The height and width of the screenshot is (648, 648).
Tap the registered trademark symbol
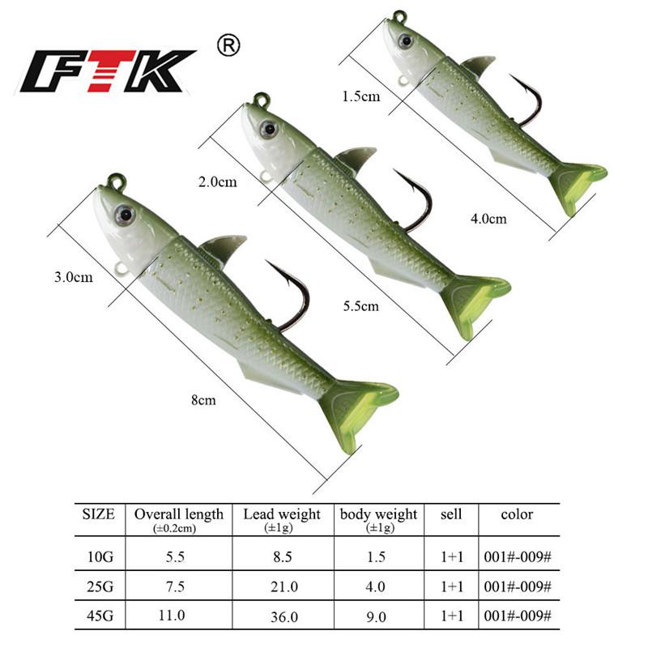pos(230,46)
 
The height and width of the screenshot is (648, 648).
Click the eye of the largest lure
pos(124,214)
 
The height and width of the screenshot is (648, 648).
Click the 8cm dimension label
pos(202,399)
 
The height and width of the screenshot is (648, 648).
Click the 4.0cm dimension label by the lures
pos(488,219)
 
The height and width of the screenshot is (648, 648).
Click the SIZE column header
pos(99,514)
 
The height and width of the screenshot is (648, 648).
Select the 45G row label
pos(99,616)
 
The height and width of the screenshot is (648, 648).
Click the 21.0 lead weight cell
pos(281,586)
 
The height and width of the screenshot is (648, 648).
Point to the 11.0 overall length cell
pos(178,616)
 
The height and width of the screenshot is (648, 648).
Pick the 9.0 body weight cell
pos(378,616)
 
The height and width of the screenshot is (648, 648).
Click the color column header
pos(517,514)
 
